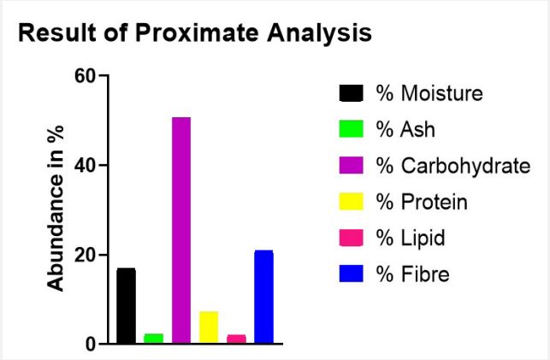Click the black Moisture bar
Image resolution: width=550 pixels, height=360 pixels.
pos(127,305)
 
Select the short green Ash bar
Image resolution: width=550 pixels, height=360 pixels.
pos(154,339)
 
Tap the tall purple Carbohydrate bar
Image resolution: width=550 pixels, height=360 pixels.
pos(181,230)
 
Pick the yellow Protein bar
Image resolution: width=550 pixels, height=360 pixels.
pos(209,327)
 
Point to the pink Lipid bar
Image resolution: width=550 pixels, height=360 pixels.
pos(236,339)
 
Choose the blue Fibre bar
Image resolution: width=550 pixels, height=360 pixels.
pos(263,297)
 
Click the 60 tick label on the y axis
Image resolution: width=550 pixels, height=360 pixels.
pos(86,75)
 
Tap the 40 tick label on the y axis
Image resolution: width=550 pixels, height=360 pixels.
pos(86,165)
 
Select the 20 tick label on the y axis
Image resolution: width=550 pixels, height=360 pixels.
pos(86,255)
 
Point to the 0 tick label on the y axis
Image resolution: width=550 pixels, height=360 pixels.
pos(91,345)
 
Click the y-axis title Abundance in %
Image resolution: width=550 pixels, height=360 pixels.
pos(56,208)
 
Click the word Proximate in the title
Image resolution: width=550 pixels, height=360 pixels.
pos(197,33)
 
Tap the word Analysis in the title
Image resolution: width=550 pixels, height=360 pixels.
pos(319,33)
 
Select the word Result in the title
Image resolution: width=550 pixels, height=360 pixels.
pos(57,33)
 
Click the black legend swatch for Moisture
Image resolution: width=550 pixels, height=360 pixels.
pos(351,93)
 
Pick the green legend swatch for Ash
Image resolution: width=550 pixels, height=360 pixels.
pos(351,129)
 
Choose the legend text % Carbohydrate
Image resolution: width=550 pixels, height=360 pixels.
pos(453,166)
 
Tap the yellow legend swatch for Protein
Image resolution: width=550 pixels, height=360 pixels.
pos(351,202)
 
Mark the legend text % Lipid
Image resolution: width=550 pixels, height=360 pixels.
pos(411,238)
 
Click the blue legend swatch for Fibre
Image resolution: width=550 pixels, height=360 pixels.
pos(351,274)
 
